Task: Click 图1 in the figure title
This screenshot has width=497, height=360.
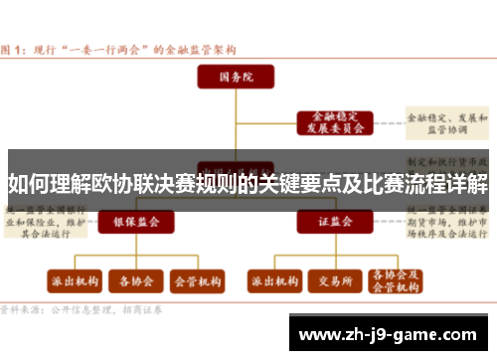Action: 14,48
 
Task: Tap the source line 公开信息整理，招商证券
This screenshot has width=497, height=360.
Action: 89,309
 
